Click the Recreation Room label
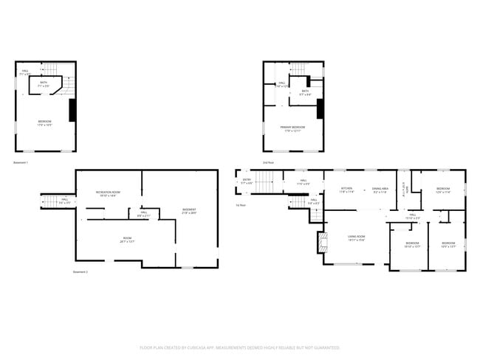(108, 194)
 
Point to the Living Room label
(357, 238)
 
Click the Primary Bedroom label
(292, 128)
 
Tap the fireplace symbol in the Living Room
(321, 242)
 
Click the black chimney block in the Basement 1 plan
(72, 110)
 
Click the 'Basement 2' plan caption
(80, 272)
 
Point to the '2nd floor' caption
(267, 162)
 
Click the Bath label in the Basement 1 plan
(45, 84)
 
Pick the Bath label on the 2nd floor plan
(305, 92)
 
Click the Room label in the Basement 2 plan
(127, 239)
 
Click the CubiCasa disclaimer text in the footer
(239, 347)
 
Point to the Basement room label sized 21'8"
(189, 212)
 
